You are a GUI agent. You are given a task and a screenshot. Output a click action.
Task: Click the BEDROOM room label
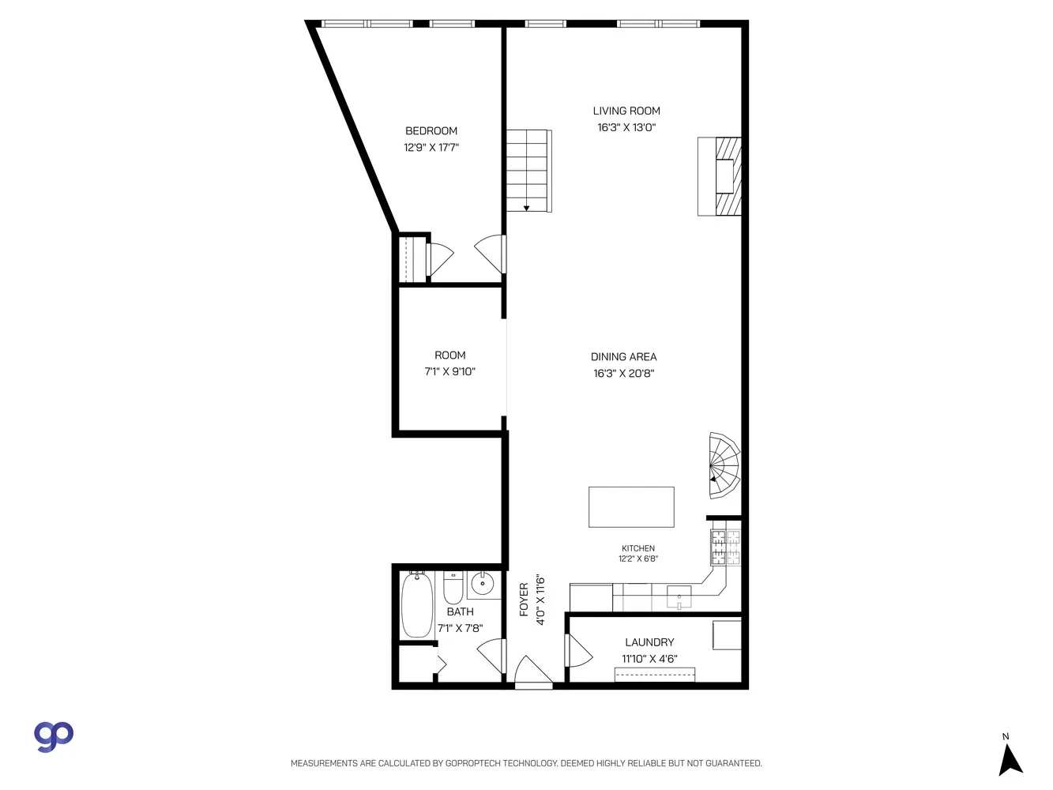click(x=431, y=131)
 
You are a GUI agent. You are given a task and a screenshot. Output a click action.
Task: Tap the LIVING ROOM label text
click(x=626, y=111)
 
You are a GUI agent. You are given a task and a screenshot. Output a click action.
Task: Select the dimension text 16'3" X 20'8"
click(x=623, y=373)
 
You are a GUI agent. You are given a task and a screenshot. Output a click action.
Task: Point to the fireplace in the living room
click(x=719, y=176)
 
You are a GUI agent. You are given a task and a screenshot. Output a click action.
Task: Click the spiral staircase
click(x=724, y=465)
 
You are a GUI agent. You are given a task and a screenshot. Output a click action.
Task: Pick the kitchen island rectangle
click(x=631, y=507)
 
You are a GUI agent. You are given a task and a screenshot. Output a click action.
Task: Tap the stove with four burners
click(x=726, y=547)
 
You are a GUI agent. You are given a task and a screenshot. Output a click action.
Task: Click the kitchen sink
click(x=679, y=597)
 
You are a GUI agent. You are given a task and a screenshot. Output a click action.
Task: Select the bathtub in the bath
click(x=417, y=605)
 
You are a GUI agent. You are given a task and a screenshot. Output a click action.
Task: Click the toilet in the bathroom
click(x=453, y=588)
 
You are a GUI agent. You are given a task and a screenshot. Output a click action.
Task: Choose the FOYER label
click(x=524, y=600)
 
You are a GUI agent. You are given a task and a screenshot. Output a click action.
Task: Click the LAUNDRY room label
click(x=649, y=642)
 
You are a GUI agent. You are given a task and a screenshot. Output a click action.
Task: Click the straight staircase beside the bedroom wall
click(x=529, y=171)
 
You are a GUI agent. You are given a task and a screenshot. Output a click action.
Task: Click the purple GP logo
click(x=53, y=736)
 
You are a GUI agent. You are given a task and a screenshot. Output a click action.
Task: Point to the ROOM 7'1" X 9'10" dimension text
click(x=449, y=371)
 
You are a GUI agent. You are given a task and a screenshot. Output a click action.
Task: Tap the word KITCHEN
click(x=638, y=548)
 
